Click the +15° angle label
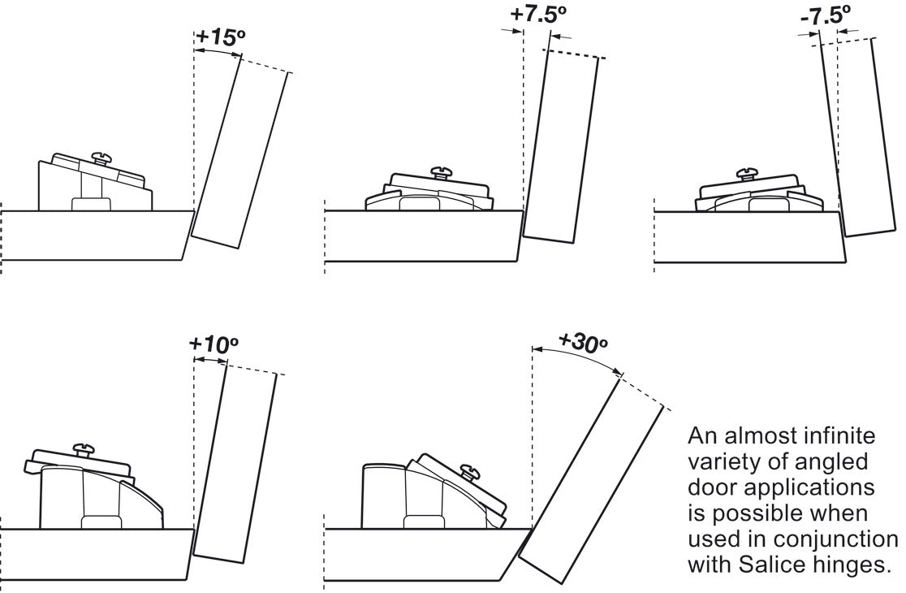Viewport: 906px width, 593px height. [x=220, y=38]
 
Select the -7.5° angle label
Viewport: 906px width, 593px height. [x=826, y=15]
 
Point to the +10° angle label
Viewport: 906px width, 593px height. [x=214, y=344]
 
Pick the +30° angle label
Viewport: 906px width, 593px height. [x=582, y=340]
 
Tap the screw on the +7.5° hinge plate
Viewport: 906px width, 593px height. [x=442, y=171]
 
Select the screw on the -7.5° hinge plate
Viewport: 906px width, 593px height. [x=746, y=173]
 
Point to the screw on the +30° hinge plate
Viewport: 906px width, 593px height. [x=468, y=469]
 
